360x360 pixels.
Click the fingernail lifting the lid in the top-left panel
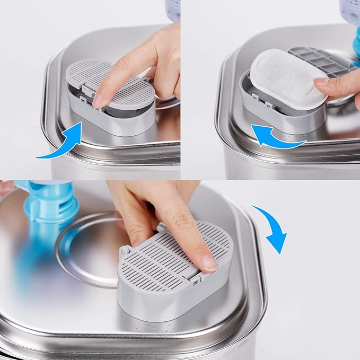tap(99, 100)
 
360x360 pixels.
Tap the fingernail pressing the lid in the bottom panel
tap(208, 262)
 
